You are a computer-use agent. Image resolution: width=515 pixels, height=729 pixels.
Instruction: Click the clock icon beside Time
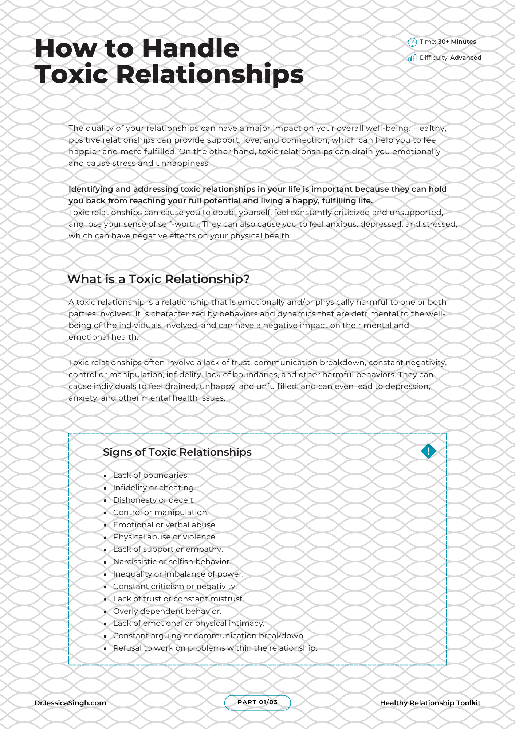coord(412,42)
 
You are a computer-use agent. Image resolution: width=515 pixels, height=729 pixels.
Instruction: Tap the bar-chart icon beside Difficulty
coord(412,58)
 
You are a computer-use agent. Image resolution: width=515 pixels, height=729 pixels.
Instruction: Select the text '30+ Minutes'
coord(457,42)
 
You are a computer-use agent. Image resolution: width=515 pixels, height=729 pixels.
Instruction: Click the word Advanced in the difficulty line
coord(465,58)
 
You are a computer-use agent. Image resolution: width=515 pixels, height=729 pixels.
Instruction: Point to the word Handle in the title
coord(190,48)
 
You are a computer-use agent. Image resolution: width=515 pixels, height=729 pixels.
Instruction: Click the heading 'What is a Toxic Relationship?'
coord(158,279)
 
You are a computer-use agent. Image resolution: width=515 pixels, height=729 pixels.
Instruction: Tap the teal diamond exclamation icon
coord(428,451)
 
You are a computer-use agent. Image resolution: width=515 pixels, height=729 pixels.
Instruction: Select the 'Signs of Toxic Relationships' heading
coord(177,452)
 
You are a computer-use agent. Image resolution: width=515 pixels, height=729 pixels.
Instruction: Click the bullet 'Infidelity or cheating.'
coord(154,488)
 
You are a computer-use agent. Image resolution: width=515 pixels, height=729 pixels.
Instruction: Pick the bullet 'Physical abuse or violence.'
coord(165,537)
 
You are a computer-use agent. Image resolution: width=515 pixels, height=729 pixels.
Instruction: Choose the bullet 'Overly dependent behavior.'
coord(167,611)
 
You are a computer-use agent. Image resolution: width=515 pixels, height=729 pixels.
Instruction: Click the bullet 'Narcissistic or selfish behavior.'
coord(172,562)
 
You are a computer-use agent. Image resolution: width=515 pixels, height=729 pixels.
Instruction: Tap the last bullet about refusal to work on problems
coord(215,648)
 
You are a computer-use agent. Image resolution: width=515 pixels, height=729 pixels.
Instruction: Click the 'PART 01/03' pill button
coord(257,702)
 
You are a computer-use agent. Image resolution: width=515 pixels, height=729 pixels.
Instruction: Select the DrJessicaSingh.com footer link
coord(70,703)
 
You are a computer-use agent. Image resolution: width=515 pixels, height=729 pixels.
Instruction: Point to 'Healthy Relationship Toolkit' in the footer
coord(430,703)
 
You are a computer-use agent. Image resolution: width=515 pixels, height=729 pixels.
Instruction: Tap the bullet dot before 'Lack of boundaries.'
coord(105,476)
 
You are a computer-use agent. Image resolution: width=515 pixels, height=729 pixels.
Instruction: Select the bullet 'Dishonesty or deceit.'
coord(154,500)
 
